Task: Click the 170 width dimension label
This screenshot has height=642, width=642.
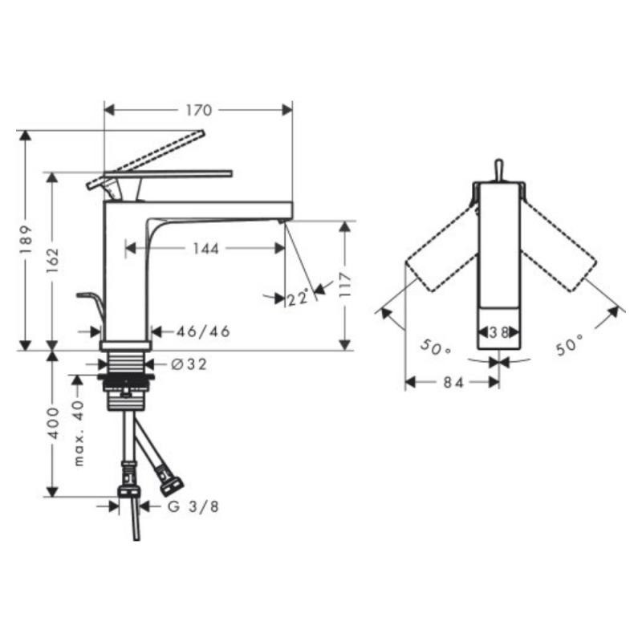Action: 199,110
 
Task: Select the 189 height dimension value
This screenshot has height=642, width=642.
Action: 26,239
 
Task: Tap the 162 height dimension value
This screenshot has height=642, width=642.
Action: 53,261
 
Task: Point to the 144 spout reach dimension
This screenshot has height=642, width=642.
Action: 206,249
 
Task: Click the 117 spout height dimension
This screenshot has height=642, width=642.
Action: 346,285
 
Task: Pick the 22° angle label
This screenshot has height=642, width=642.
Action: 298,298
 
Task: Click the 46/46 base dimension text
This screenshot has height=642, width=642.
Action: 204,331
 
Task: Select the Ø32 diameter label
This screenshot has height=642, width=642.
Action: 189,364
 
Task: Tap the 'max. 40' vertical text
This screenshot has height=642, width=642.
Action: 79,433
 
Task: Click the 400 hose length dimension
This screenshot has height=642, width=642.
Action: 53,423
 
